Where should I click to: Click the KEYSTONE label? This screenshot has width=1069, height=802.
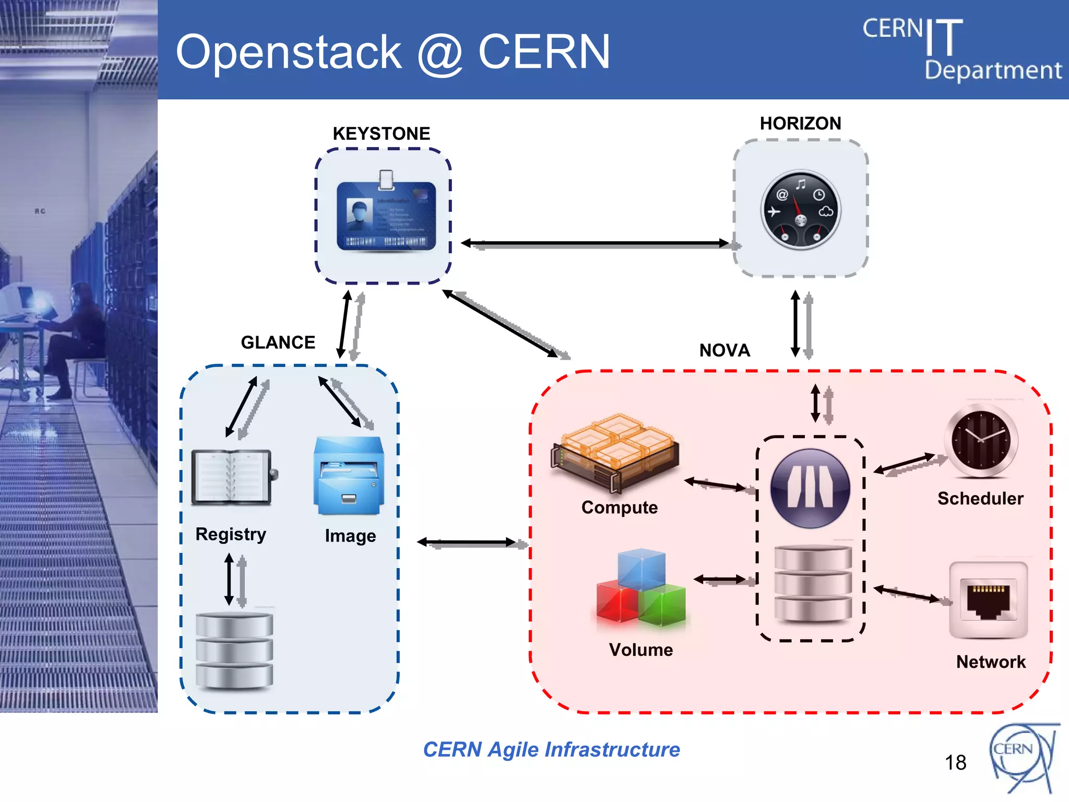coord(382,134)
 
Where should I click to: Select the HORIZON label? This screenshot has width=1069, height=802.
coord(800,123)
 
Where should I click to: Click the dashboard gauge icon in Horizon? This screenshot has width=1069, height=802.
coord(800,210)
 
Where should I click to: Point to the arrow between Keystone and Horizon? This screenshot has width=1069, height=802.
coord(595,243)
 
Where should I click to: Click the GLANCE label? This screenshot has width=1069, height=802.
coord(278,343)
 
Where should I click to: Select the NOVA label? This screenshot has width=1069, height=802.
coord(724,350)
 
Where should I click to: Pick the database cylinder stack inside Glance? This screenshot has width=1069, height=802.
coord(234,651)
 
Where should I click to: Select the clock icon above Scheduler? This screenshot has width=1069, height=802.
coord(981,440)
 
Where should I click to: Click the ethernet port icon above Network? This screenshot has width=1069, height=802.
coord(988,600)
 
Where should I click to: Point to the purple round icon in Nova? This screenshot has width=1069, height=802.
coord(810,488)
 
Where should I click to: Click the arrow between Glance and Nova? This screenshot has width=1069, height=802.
coord(467,542)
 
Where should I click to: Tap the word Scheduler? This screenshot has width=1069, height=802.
coord(980,499)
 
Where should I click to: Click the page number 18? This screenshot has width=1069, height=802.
coord(955,763)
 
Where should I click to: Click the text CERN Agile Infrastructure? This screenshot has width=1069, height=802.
coord(551,750)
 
